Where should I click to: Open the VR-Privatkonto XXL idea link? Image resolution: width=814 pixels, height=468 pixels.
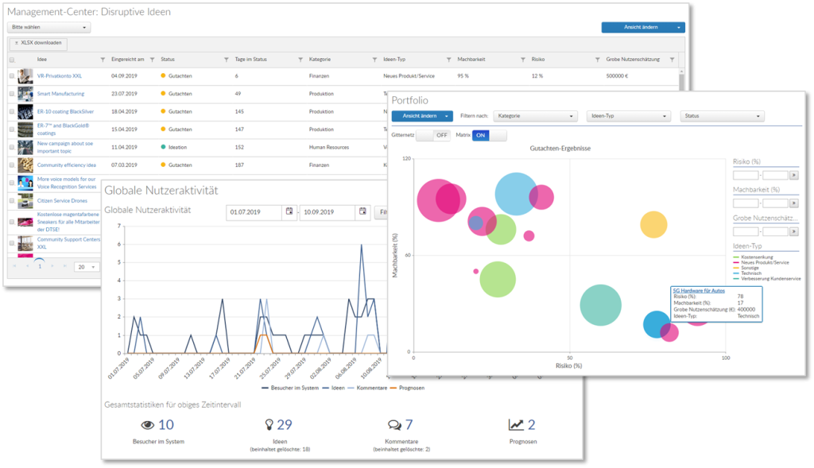click(x=60, y=76)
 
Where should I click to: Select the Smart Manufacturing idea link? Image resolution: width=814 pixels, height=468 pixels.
click(x=60, y=94)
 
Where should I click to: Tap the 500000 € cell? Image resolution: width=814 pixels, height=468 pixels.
click(x=617, y=76)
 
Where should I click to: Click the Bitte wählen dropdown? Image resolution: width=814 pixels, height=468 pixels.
click(x=50, y=27)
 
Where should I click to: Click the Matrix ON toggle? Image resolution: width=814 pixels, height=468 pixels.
click(x=480, y=136)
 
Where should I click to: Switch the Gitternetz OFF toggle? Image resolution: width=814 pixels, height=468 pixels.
click(x=441, y=136)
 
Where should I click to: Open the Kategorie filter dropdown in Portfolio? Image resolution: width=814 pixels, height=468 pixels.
click(x=535, y=116)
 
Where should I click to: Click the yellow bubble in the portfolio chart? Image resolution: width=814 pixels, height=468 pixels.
click(x=653, y=225)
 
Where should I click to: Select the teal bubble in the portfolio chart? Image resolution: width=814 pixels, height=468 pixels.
click(x=600, y=305)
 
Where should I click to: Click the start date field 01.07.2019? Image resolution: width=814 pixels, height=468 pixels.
click(x=254, y=212)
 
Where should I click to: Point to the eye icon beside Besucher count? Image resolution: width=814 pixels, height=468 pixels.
click(x=147, y=425)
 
